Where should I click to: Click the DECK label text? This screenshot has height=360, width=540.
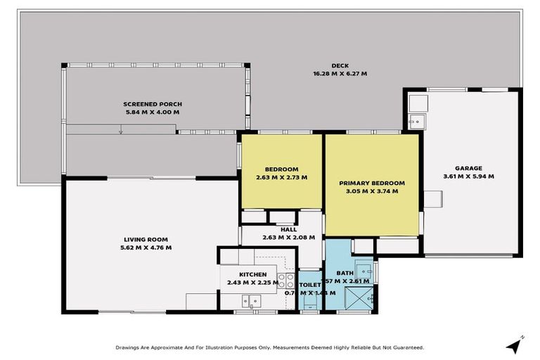point(340,65)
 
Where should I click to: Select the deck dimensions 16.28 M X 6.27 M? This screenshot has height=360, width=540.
point(340,73)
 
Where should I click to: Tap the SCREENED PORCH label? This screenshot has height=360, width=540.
point(153,104)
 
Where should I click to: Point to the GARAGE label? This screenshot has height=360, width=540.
point(468,168)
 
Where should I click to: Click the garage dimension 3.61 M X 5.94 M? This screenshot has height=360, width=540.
point(468,176)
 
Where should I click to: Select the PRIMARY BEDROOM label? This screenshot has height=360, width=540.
point(372,183)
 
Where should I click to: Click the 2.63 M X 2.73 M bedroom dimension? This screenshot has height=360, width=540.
point(281,177)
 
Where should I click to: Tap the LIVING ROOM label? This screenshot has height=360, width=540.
point(147,240)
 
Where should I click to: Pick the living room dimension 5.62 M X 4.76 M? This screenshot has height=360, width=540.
point(147,247)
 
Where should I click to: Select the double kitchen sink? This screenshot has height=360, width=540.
point(251,301)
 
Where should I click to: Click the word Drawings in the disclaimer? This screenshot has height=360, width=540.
point(129,347)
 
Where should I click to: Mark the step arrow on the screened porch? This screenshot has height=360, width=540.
point(122,130)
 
